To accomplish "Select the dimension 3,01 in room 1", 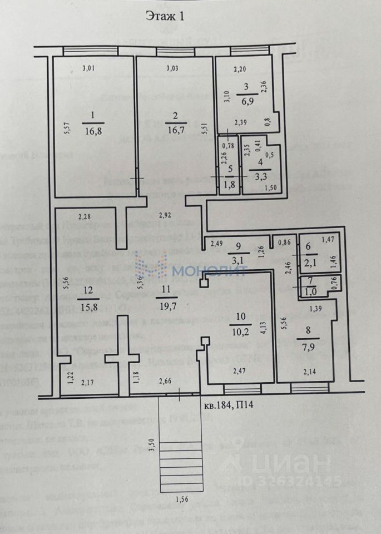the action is (x=88, y=69).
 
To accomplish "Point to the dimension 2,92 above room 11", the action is (x=167, y=215).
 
